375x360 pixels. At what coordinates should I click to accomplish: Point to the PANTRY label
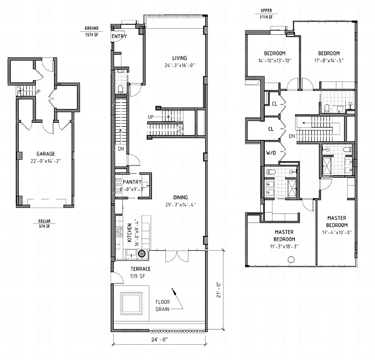click(x=133, y=182)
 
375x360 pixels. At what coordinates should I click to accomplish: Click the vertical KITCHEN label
click(x=129, y=233)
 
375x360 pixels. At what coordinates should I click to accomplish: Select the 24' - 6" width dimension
click(x=159, y=341)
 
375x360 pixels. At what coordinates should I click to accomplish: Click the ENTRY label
click(x=119, y=36)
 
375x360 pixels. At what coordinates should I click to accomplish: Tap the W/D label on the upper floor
click(x=271, y=153)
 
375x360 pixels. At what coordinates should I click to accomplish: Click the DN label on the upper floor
click(x=292, y=136)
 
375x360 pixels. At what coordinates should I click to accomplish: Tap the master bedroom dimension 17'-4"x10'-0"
click(x=337, y=232)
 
